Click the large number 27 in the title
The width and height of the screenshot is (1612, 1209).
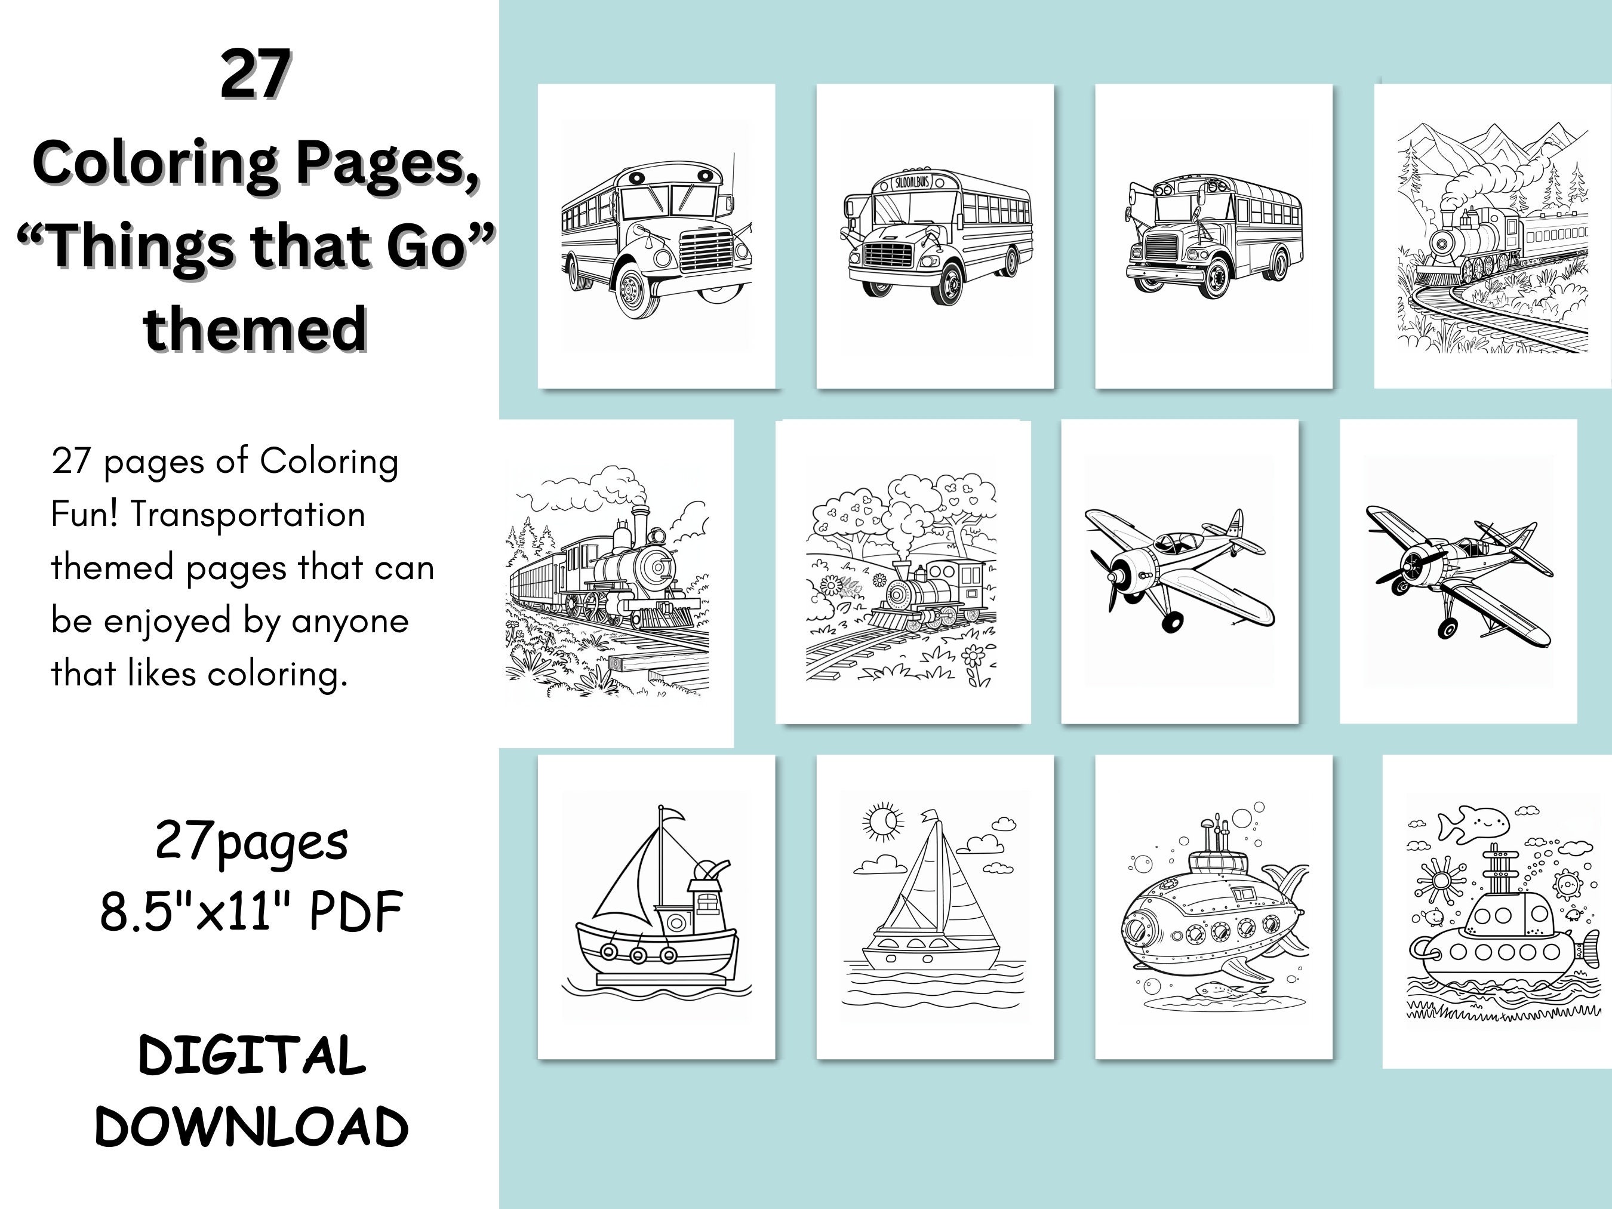256,75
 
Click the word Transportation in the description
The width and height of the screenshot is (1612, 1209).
248,515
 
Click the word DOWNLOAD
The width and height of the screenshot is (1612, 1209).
252,1127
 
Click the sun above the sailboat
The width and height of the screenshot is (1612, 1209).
883,822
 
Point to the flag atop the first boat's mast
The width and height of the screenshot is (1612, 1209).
670,815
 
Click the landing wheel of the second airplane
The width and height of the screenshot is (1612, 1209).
1447,627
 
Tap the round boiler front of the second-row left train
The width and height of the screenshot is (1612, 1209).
660,567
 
